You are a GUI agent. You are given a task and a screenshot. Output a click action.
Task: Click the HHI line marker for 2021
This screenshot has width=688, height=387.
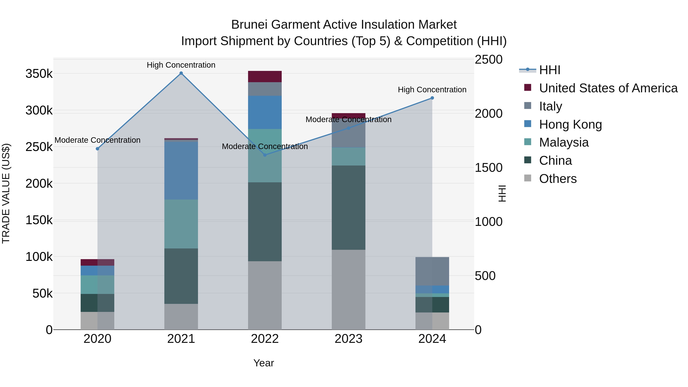pos(181,73)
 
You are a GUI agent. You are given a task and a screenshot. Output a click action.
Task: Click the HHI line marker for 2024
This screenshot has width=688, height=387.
pos(432,98)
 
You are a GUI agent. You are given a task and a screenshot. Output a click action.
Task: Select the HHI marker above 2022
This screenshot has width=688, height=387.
pos(265,155)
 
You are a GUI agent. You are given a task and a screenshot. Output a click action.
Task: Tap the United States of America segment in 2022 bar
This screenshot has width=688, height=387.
pos(265,77)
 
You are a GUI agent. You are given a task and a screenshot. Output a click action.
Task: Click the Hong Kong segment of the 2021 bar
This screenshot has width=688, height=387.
pos(181,170)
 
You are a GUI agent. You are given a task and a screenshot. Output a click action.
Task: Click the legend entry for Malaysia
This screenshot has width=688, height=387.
pos(564,142)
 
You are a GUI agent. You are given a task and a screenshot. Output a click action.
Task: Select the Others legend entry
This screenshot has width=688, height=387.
pos(558,179)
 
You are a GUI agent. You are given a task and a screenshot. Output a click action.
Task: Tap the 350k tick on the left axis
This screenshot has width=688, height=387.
pos(39,74)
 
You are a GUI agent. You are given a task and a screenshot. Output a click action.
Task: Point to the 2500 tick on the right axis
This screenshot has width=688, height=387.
pos(488,60)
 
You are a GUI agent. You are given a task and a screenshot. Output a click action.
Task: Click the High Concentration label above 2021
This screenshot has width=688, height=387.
pos(181,65)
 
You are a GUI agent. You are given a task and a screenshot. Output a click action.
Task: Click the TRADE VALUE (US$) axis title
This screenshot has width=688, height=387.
pos(6,193)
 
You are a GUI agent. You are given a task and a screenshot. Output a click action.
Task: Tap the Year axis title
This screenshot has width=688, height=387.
pos(264,363)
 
